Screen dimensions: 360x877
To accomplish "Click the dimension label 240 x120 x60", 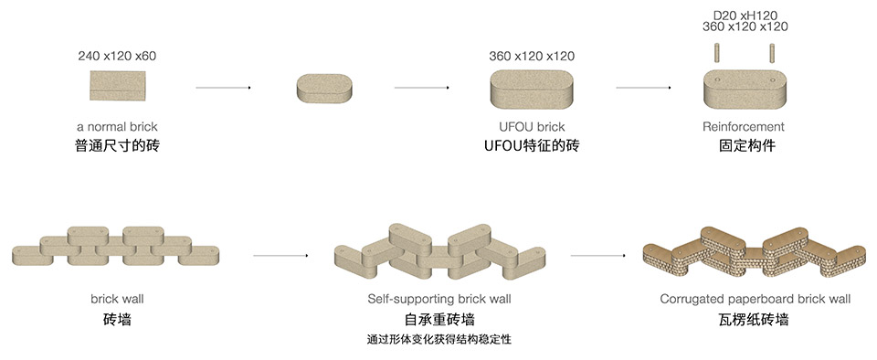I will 117,57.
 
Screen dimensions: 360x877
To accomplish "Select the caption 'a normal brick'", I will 117,127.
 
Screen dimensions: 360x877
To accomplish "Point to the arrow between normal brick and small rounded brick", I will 223,88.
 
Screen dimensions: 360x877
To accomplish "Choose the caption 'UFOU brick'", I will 532,127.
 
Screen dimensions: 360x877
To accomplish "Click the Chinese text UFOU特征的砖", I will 532,145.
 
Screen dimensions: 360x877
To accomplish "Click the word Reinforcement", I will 744,127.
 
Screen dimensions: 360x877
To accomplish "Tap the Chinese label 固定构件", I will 744,145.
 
